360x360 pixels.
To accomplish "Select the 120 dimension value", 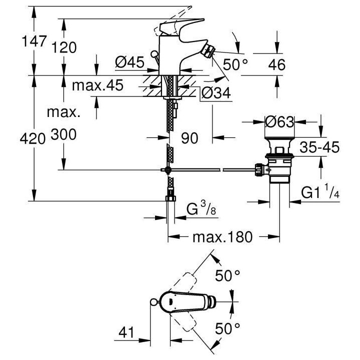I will point(64,47).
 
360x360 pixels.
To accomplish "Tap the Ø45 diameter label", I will point(129,62).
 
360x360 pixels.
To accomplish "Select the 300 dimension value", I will point(62,134).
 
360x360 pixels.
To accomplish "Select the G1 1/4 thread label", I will point(320,192).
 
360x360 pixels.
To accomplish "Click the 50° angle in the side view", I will point(235,65).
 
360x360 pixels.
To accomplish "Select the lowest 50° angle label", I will point(228,328).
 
